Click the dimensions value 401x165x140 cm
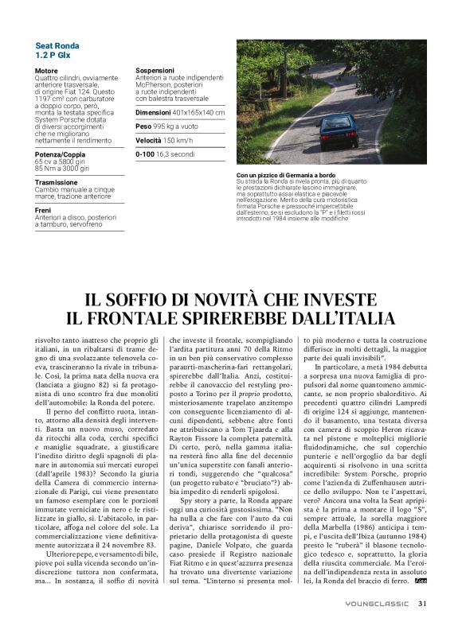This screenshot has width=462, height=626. click(198, 113)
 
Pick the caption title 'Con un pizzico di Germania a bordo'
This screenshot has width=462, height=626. click(289, 175)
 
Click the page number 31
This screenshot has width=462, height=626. click(423, 603)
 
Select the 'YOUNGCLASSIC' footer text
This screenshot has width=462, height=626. click(379, 604)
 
